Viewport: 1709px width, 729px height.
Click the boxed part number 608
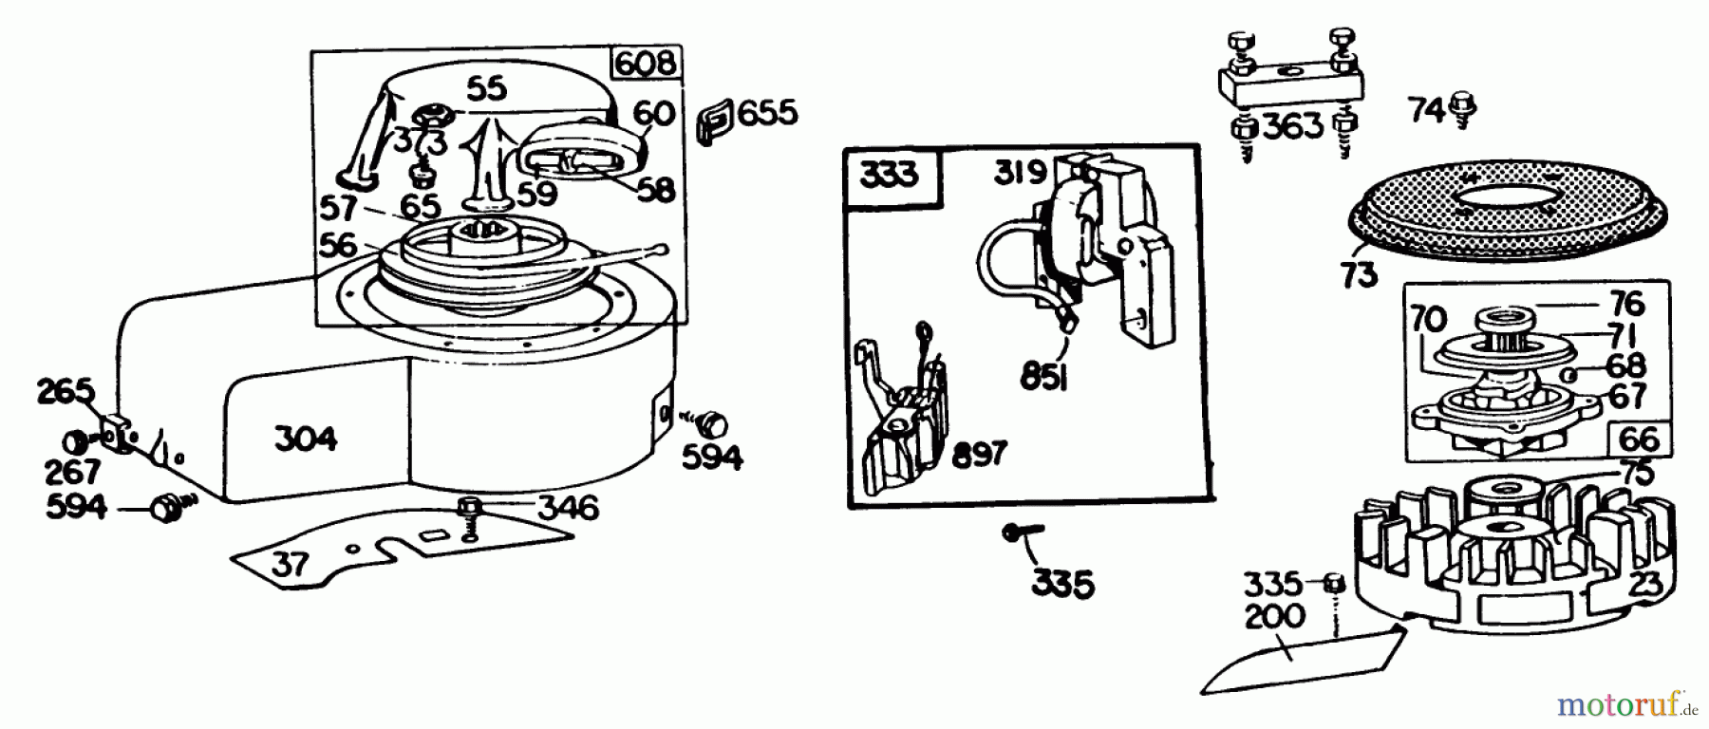click(646, 64)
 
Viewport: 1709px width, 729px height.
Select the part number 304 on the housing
click(306, 439)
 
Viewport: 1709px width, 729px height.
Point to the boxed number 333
click(890, 176)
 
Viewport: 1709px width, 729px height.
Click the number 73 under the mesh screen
click(1360, 275)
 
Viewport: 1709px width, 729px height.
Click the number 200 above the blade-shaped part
click(1275, 616)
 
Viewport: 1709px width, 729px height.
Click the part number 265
click(66, 391)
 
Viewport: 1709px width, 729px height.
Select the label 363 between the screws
click(1294, 125)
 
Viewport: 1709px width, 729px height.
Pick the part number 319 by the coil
click(1022, 173)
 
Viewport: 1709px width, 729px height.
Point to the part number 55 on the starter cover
click(487, 88)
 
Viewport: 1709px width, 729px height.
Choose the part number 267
click(72, 472)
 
